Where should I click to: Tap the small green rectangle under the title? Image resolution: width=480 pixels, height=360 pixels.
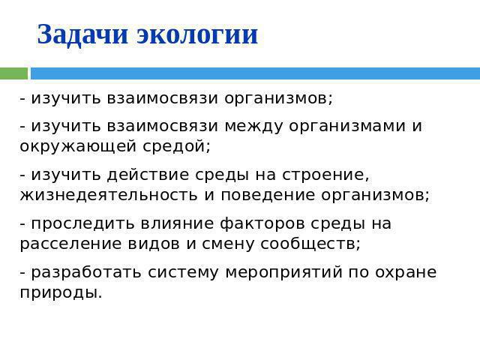[13, 73]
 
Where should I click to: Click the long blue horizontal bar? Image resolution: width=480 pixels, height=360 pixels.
[255, 73]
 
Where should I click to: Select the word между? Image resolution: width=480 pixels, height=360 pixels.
[253, 127]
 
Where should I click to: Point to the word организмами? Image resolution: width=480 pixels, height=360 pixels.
[347, 127]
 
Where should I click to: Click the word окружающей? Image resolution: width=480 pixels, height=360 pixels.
[78, 147]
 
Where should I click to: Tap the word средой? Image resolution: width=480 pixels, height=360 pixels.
[177, 147]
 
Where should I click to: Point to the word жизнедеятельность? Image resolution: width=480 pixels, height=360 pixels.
[109, 195]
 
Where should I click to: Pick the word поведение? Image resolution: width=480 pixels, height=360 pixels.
[268, 195]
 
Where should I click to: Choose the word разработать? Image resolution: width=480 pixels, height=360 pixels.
[86, 273]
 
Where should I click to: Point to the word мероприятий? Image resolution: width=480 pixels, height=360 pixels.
[283, 273]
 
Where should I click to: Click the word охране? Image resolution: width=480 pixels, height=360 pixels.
[406, 273]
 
